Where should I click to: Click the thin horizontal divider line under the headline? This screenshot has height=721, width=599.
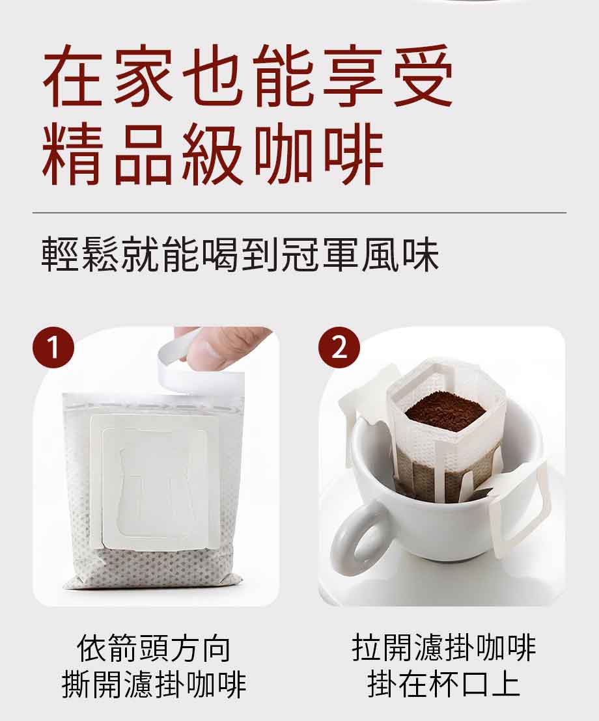[x=299, y=213]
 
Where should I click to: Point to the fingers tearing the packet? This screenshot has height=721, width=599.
[x=228, y=345]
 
